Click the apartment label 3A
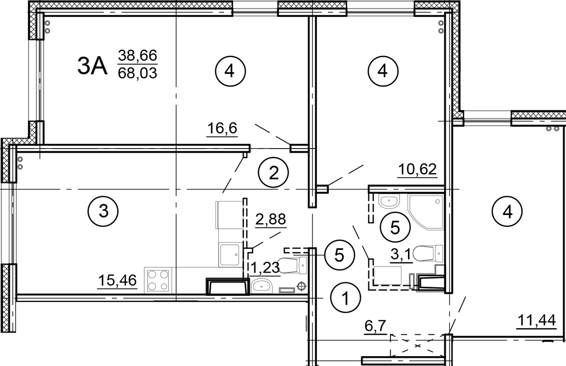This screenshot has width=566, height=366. [92, 66]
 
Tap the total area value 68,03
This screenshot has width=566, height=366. [137, 73]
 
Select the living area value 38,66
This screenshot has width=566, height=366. [137, 55]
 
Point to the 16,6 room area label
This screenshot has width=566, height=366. [222, 128]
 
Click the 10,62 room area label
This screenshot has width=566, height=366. [417, 169]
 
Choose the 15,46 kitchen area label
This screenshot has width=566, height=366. [117, 280]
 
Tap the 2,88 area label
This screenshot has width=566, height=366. [271, 219]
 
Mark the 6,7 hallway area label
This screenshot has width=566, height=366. [375, 326]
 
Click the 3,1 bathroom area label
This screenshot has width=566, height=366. [401, 255]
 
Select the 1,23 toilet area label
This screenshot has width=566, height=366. [265, 267]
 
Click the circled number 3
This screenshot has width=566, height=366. [103, 211]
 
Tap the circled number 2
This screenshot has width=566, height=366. [274, 173]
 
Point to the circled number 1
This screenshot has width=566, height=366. [346, 297]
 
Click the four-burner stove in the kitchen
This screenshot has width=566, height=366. [158, 280]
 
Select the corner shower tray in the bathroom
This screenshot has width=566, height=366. [426, 212]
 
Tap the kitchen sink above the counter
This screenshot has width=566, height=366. [229, 255]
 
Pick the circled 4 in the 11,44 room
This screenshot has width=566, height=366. [507, 212]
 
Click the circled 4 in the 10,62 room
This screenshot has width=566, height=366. [383, 71]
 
